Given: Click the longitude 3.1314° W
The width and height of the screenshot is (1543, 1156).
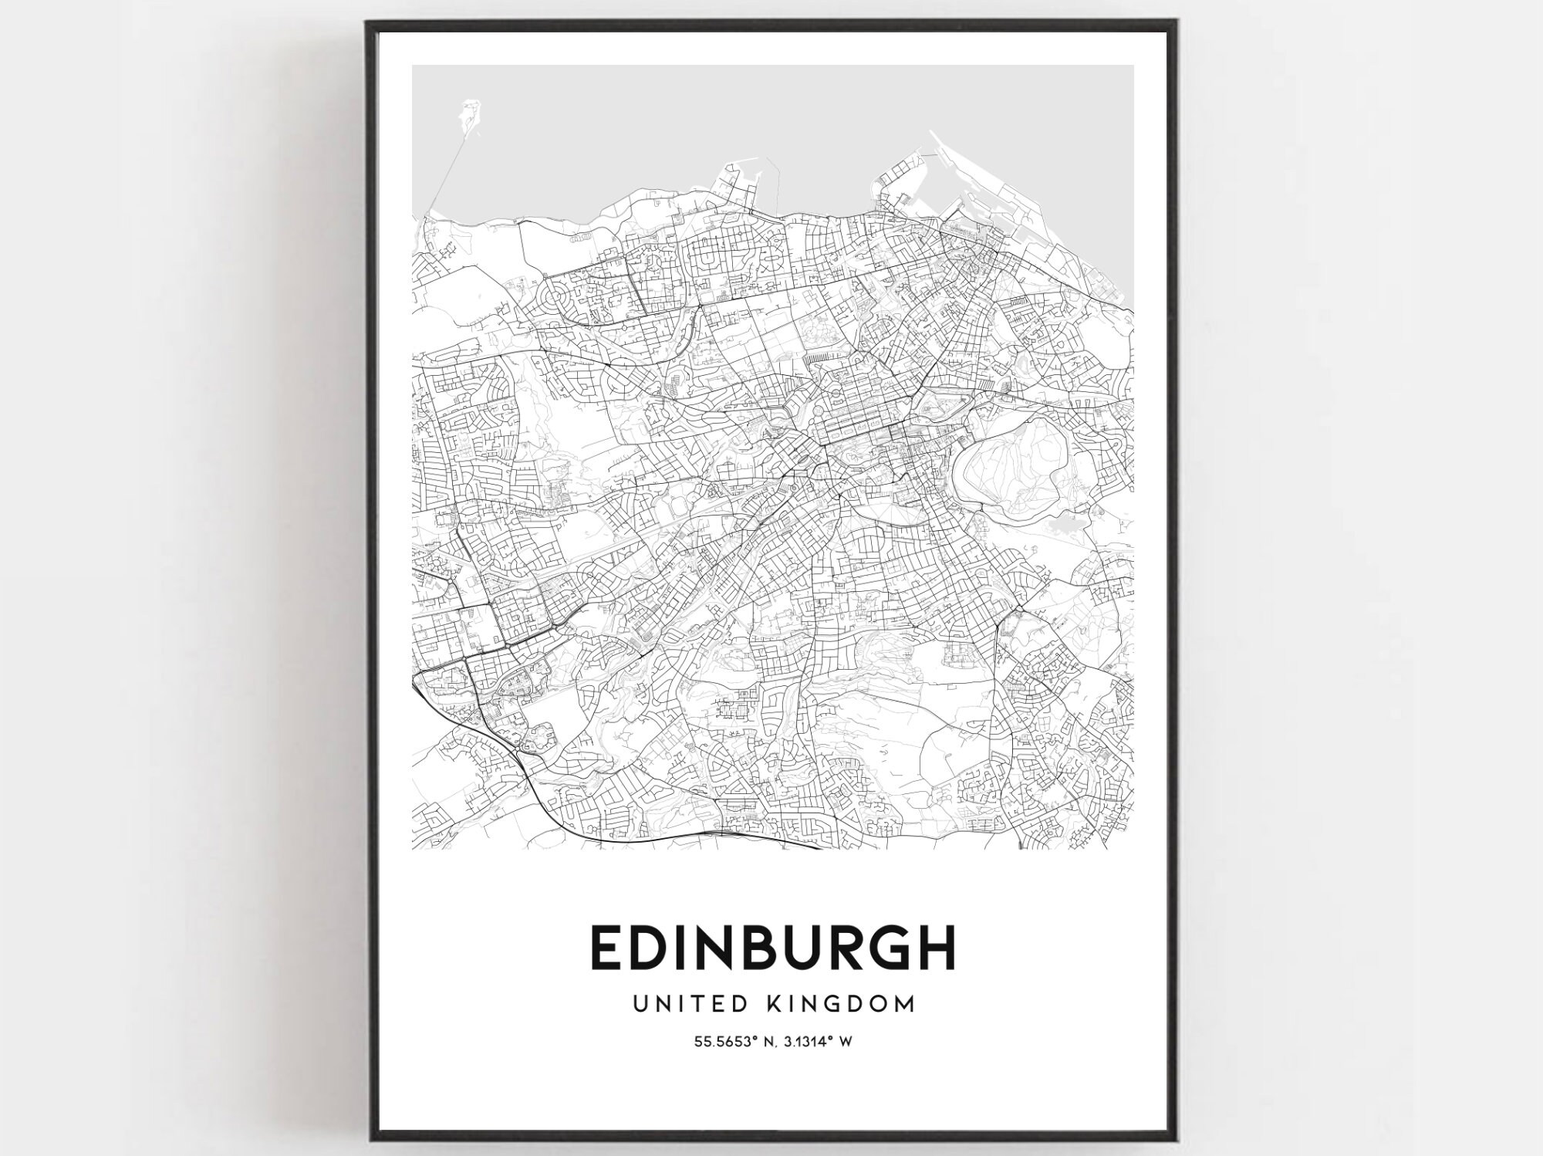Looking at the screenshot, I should point(815,1042).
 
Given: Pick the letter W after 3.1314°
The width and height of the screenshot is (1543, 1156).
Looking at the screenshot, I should point(846,1042).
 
